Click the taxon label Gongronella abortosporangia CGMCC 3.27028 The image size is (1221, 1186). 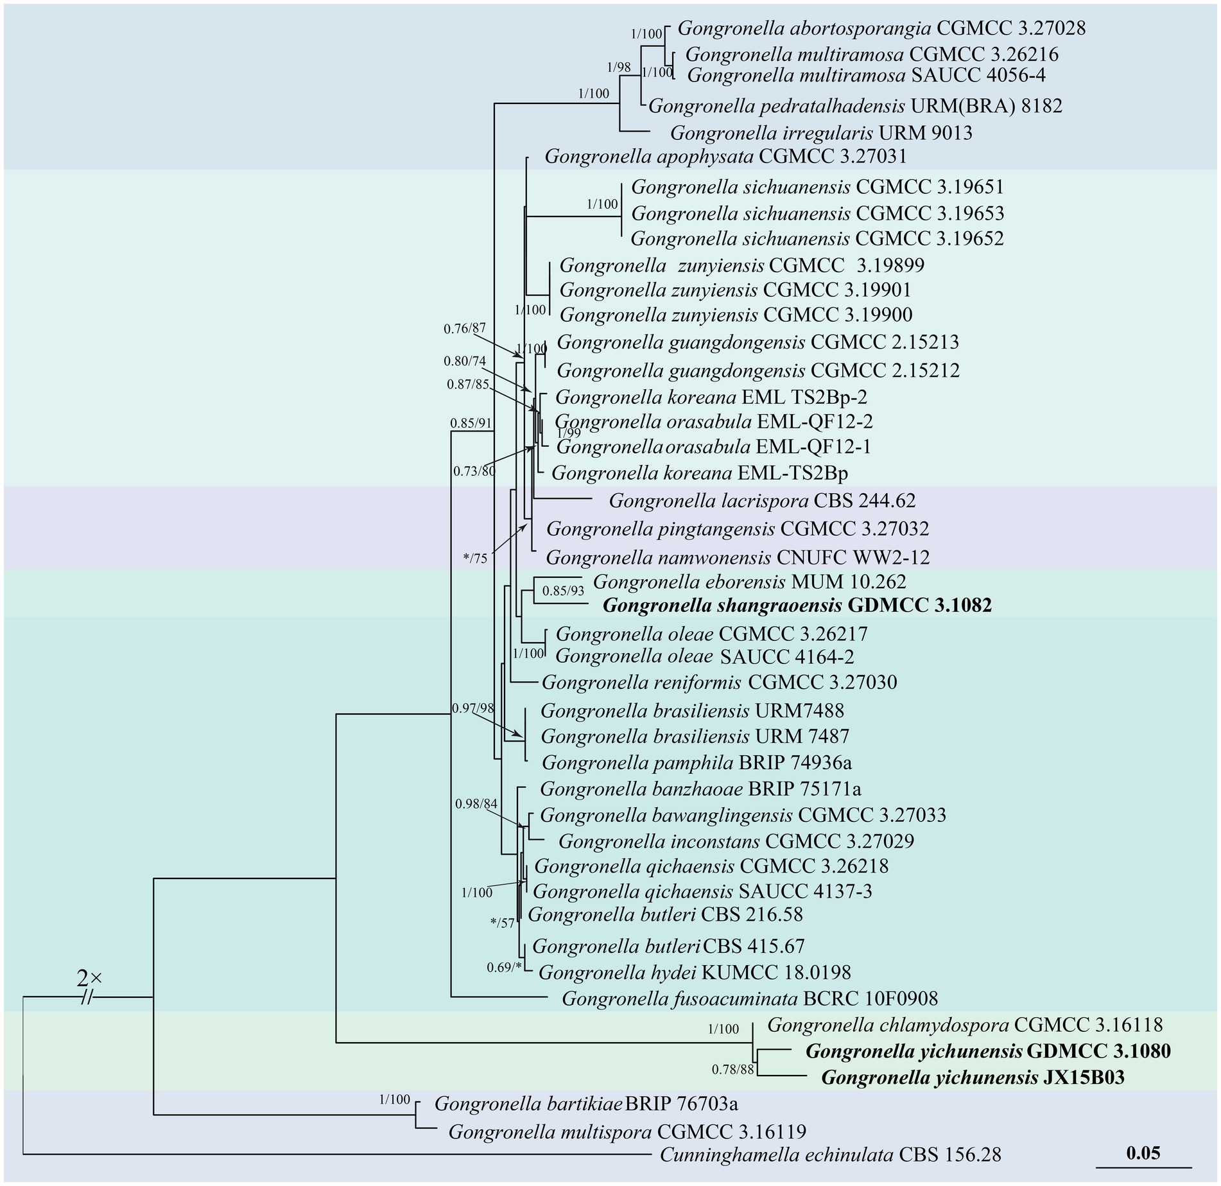point(881,28)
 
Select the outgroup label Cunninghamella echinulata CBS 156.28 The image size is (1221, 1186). point(830,1155)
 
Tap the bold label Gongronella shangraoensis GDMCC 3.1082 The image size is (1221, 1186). point(797,605)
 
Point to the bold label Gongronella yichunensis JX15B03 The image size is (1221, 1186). point(973,1077)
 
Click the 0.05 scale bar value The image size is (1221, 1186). point(1143,1152)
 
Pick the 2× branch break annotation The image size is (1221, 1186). point(89,978)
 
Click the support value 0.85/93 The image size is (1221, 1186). point(564,591)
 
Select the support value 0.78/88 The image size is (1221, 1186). point(732,1069)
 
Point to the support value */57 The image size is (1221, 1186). point(502,923)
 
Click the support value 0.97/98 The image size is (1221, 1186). point(473,708)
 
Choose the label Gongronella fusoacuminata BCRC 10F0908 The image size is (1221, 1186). point(750,999)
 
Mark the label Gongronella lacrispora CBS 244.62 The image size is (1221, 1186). point(762,500)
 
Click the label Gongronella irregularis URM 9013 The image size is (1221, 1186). point(821,133)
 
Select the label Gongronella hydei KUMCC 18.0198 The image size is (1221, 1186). point(695,972)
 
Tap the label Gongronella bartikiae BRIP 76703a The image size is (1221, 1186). point(586,1104)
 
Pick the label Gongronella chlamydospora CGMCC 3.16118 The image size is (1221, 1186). point(965,1024)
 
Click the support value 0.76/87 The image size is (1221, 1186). point(465,329)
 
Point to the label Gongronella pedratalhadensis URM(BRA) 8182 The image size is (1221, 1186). point(855,105)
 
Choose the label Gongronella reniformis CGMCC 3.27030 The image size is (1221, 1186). point(719,682)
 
